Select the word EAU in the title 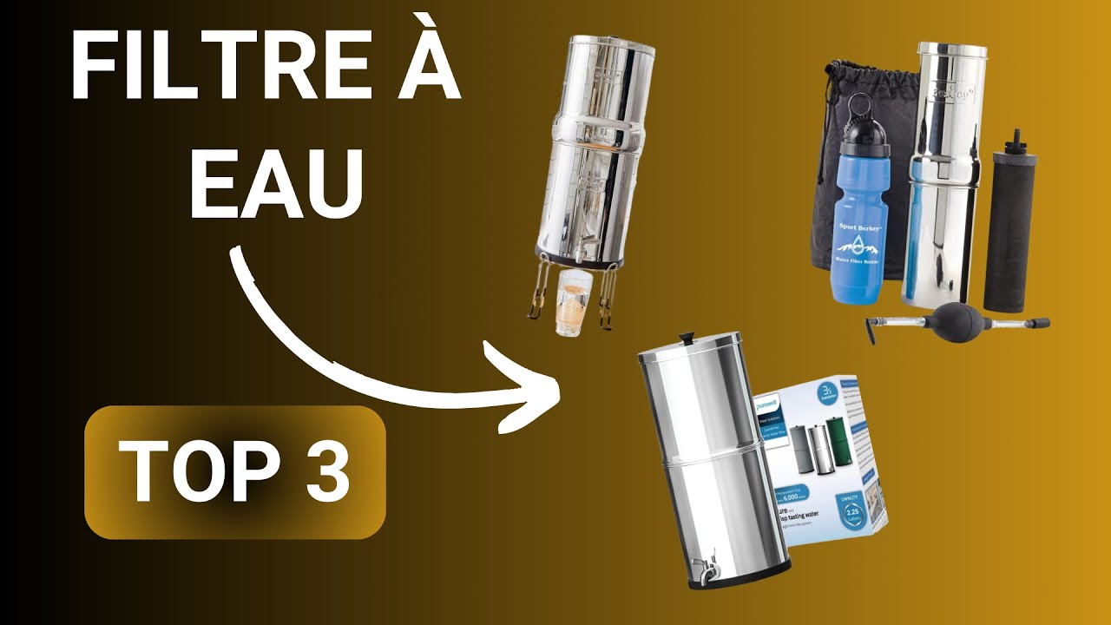275,184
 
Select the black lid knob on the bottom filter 685,335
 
